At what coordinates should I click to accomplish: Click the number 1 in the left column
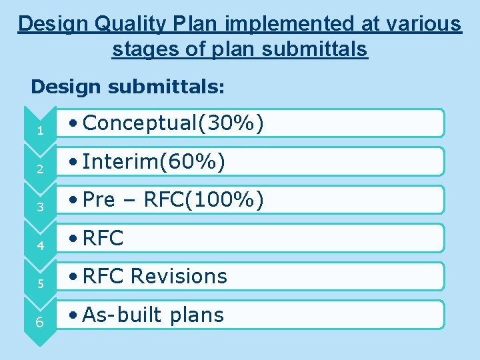pyautogui.click(x=41, y=131)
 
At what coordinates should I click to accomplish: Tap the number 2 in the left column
pyautogui.click(x=41, y=169)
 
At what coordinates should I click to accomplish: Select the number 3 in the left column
pyautogui.click(x=41, y=207)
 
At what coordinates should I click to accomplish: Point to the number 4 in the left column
pyautogui.click(x=41, y=246)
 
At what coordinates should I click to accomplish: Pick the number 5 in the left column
pyautogui.click(x=41, y=284)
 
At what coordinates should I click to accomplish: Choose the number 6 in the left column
pyautogui.click(x=41, y=323)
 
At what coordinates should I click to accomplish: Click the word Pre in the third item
pyautogui.click(x=100, y=200)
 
